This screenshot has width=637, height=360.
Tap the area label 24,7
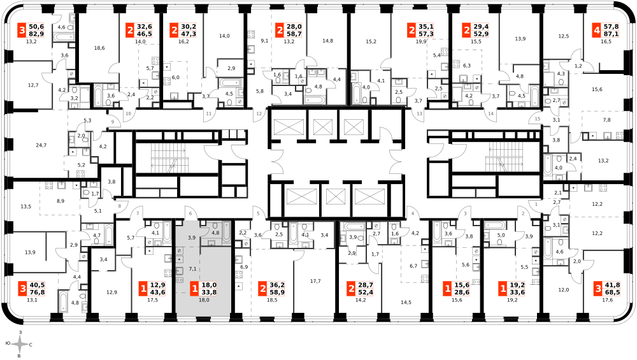click(41, 145)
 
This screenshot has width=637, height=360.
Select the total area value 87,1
click(612, 34)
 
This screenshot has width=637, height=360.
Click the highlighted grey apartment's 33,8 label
click(209, 292)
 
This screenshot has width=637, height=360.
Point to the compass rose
click(19, 345)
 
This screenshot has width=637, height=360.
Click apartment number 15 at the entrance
click(538, 119)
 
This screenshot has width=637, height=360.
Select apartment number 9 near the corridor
click(113, 122)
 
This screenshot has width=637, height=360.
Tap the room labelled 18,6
click(99, 48)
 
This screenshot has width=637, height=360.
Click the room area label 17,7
click(315, 281)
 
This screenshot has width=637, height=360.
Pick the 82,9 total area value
click(36, 34)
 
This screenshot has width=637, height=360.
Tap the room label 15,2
click(371, 41)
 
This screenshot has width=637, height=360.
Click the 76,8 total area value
click(36, 292)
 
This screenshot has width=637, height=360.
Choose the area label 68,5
click(612, 292)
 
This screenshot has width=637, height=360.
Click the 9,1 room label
click(264, 41)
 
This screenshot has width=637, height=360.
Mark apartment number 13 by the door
click(419, 114)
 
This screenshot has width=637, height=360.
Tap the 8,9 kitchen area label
click(61, 201)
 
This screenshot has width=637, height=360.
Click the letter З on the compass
click(20, 333)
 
